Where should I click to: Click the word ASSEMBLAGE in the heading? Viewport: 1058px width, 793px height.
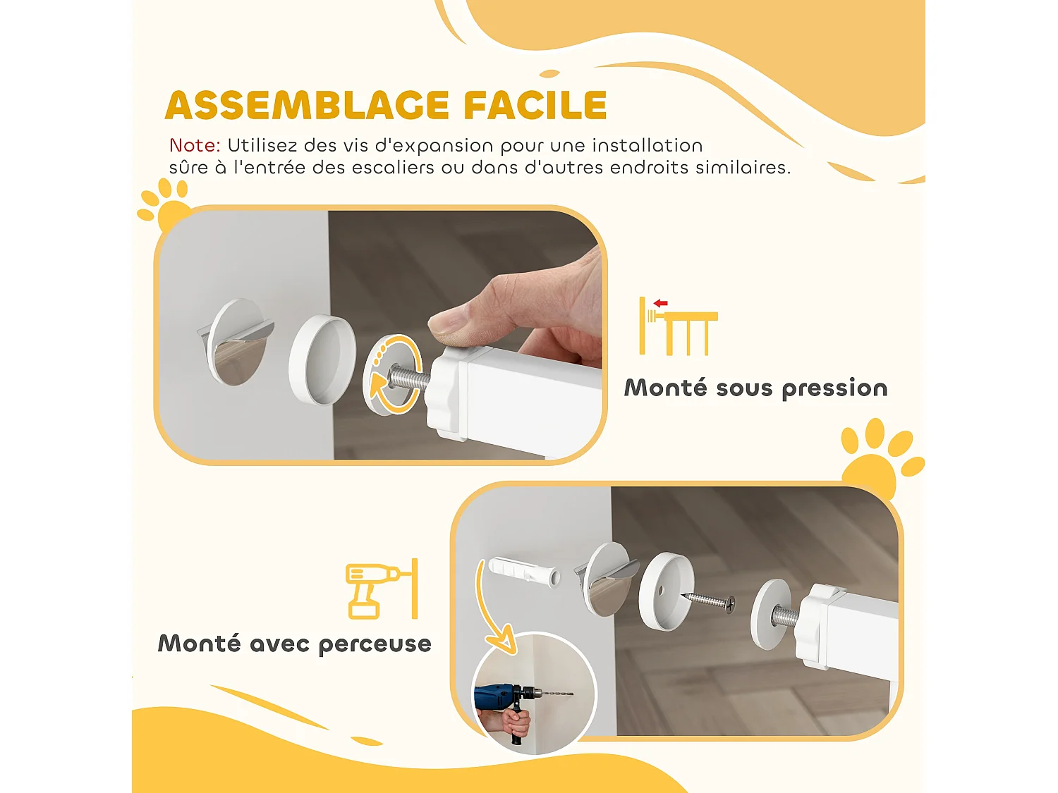pos(307,106)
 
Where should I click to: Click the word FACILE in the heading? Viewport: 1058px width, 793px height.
pos(535,106)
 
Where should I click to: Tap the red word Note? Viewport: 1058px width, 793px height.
pos(195,146)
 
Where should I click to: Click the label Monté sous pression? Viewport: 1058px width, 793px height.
pos(755,388)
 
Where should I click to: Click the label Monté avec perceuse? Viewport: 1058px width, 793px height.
pos(294,644)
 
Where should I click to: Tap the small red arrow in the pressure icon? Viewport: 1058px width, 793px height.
pos(660,303)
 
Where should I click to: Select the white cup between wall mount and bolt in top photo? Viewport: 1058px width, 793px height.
pos(322,359)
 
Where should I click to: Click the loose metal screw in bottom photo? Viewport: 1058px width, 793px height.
pos(708,601)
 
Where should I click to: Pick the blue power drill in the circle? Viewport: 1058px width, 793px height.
pos(504,698)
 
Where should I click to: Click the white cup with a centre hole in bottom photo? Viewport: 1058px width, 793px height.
pos(665,591)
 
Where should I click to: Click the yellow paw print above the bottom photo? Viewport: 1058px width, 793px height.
pos(878,458)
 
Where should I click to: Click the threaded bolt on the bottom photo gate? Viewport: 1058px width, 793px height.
pos(784,617)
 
